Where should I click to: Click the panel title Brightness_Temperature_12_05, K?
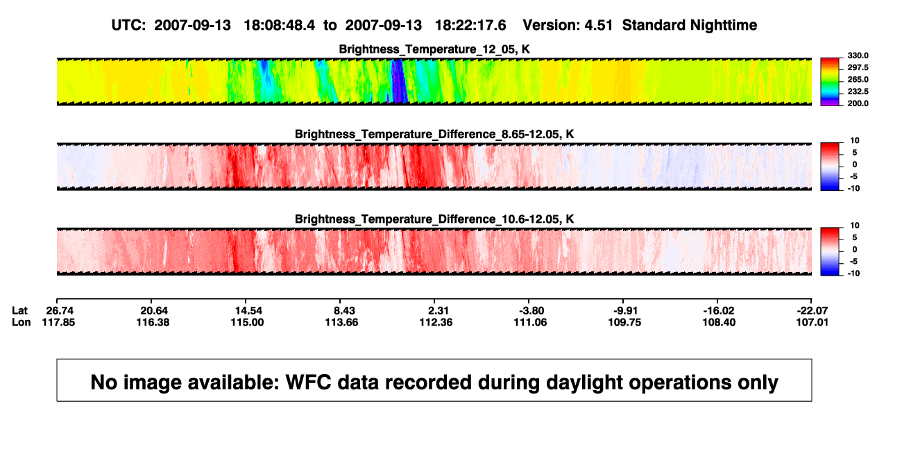click(434, 49)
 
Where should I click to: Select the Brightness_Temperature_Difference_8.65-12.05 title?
click(434, 134)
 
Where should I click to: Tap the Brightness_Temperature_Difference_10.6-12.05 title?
click(434, 219)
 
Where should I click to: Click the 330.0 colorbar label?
click(858, 56)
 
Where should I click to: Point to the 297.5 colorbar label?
click(858, 67)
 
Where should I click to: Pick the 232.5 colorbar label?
click(858, 92)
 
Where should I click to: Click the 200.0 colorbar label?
click(858, 103)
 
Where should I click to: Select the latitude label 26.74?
click(60, 311)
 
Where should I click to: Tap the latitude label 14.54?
click(248, 311)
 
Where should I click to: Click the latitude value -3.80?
click(531, 311)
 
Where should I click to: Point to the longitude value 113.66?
click(341, 322)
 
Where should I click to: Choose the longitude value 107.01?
click(812, 322)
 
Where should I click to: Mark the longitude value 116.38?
click(153, 322)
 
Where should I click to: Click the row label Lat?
click(19, 311)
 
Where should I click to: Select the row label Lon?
click(21, 322)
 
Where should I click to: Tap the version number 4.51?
click(598, 26)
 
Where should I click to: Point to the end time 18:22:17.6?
click(470, 26)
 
